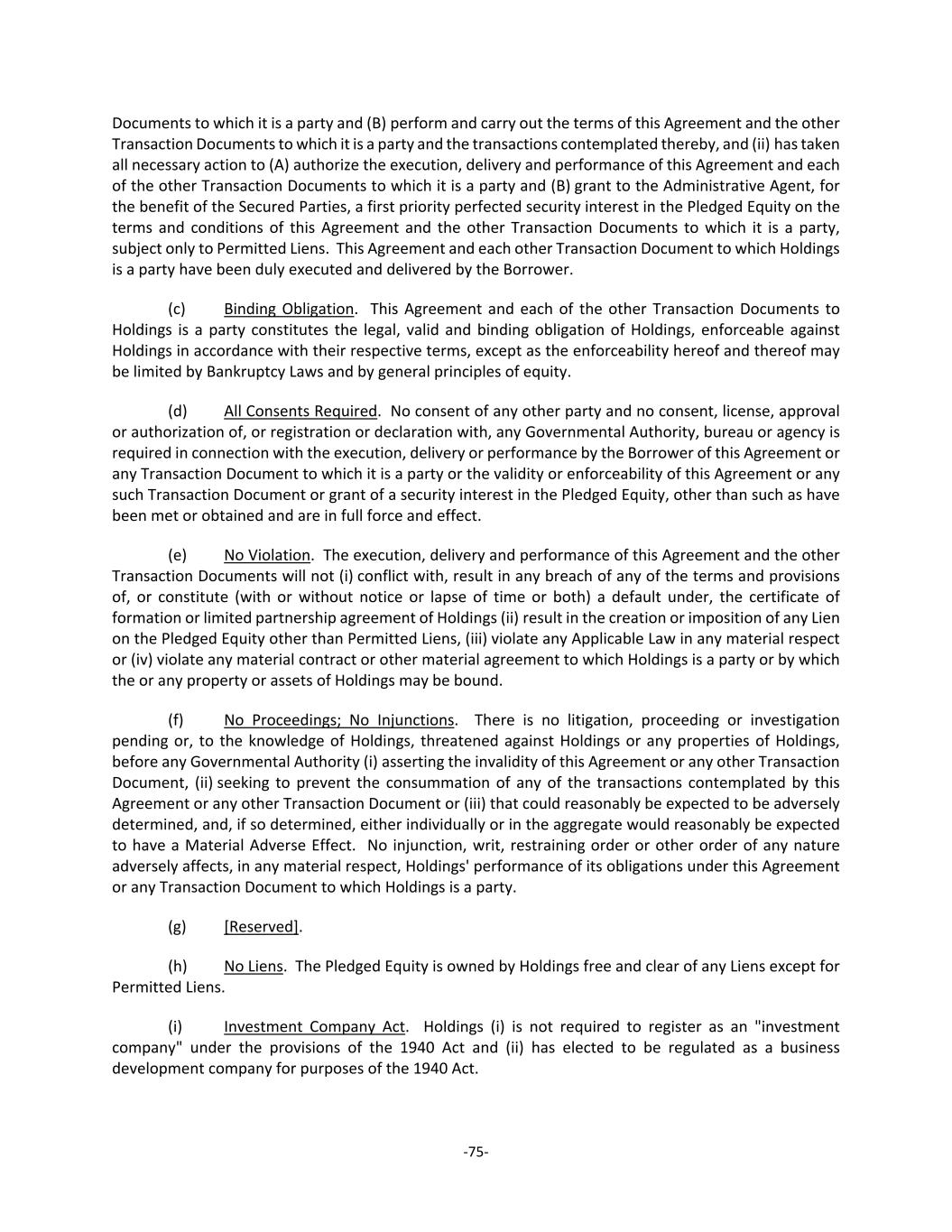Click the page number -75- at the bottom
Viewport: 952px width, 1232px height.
point(476,1151)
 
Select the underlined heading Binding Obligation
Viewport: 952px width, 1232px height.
point(289,309)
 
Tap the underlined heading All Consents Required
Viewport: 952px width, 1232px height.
point(300,411)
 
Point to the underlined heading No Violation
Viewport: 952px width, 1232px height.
point(267,555)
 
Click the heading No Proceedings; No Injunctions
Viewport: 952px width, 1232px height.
point(338,720)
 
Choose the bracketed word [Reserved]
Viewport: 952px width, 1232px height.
point(262,927)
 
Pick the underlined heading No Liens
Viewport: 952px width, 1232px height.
point(254,967)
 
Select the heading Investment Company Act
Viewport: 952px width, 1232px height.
point(314,1027)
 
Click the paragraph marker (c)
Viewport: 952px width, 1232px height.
point(177,309)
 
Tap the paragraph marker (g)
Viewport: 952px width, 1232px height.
point(177,927)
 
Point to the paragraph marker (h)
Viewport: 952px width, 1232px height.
point(177,967)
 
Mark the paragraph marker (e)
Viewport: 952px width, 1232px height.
point(177,555)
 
